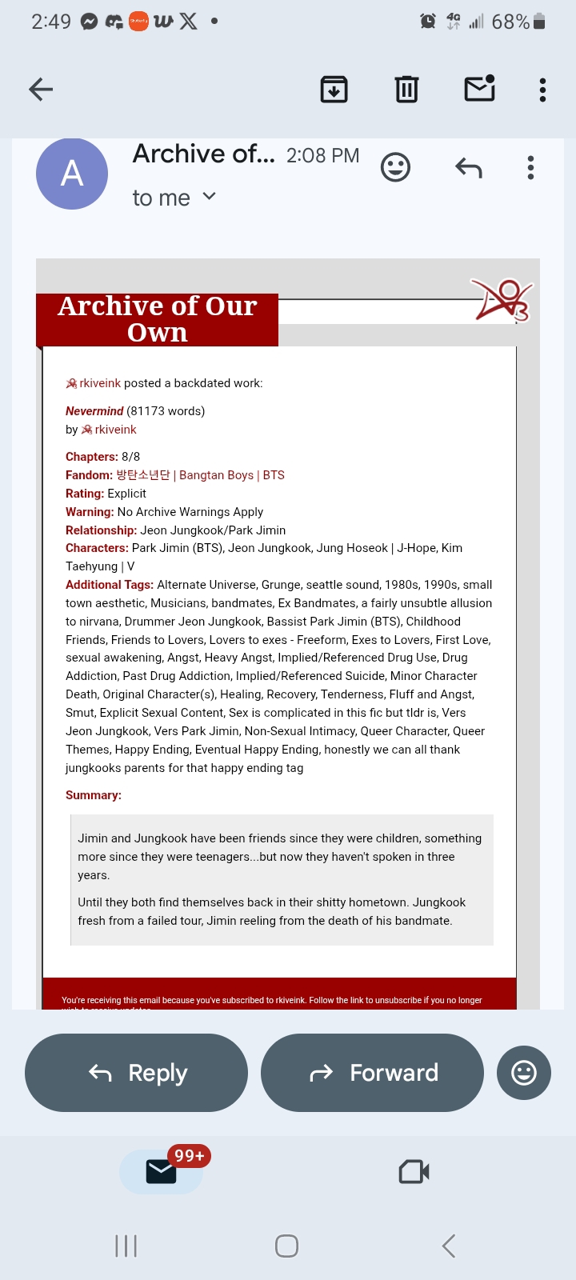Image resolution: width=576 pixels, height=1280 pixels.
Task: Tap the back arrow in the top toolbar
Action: click(41, 90)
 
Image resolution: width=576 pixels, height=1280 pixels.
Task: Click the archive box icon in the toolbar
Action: click(334, 90)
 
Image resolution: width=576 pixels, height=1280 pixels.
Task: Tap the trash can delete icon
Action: click(406, 90)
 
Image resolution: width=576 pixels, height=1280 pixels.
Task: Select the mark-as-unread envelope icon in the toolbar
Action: click(479, 89)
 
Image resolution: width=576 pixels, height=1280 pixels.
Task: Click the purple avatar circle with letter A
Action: click(72, 174)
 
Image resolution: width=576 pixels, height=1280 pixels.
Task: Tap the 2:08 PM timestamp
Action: click(322, 155)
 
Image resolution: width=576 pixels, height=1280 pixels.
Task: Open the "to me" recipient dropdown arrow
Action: click(210, 196)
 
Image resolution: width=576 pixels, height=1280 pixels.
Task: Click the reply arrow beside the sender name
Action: click(469, 168)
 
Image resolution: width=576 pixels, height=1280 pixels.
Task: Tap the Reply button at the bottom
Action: click(137, 1073)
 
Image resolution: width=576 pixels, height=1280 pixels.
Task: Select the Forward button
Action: click(373, 1073)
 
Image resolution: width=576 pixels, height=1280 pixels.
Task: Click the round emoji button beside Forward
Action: click(524, 1073)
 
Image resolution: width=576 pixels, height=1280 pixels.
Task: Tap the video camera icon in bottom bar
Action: click(414, 1172)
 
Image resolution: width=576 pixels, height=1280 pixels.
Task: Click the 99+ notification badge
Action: click(190, 1156)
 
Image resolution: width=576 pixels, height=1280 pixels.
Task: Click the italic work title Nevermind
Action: click(94, 411)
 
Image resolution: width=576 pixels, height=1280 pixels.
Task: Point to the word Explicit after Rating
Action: click(127, 494)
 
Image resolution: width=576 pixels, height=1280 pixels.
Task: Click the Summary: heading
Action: click(94, 795)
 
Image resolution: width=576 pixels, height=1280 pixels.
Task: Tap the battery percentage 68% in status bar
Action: click(510, 22)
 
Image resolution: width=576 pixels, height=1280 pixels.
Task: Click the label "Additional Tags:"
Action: click(110, 585)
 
